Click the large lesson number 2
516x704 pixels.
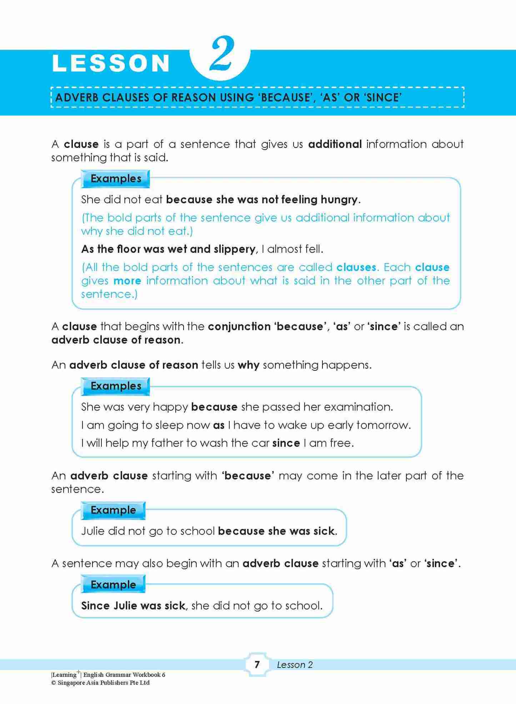pyautogui.click(x=222, y=54)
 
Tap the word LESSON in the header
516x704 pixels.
pyautogui.click(x=111, y=63)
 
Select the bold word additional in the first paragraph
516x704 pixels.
pyautogui.click(x=335, y=144)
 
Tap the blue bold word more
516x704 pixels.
pyautogui.click(x=127, y=281)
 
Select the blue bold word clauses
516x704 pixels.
pyautogui.click(x=356, y=267)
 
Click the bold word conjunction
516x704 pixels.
pyautogui.click(x=239, y=326)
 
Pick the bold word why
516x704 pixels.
pyautogui.click(x=249, y=365)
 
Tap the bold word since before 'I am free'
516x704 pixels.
pyautogui.click(x=286, y=443)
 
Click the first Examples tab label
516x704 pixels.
pyautogui.click(x=116, y=179)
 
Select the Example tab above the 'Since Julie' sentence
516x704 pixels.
pyautogui.click(x=113, y=585)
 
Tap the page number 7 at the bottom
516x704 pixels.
pyautogui.click(x=257, y=665)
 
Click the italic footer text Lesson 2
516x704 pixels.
pyautogui.click(x=295, y=665)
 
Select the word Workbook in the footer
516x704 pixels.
pyautogui.click(x=146, y=675)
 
